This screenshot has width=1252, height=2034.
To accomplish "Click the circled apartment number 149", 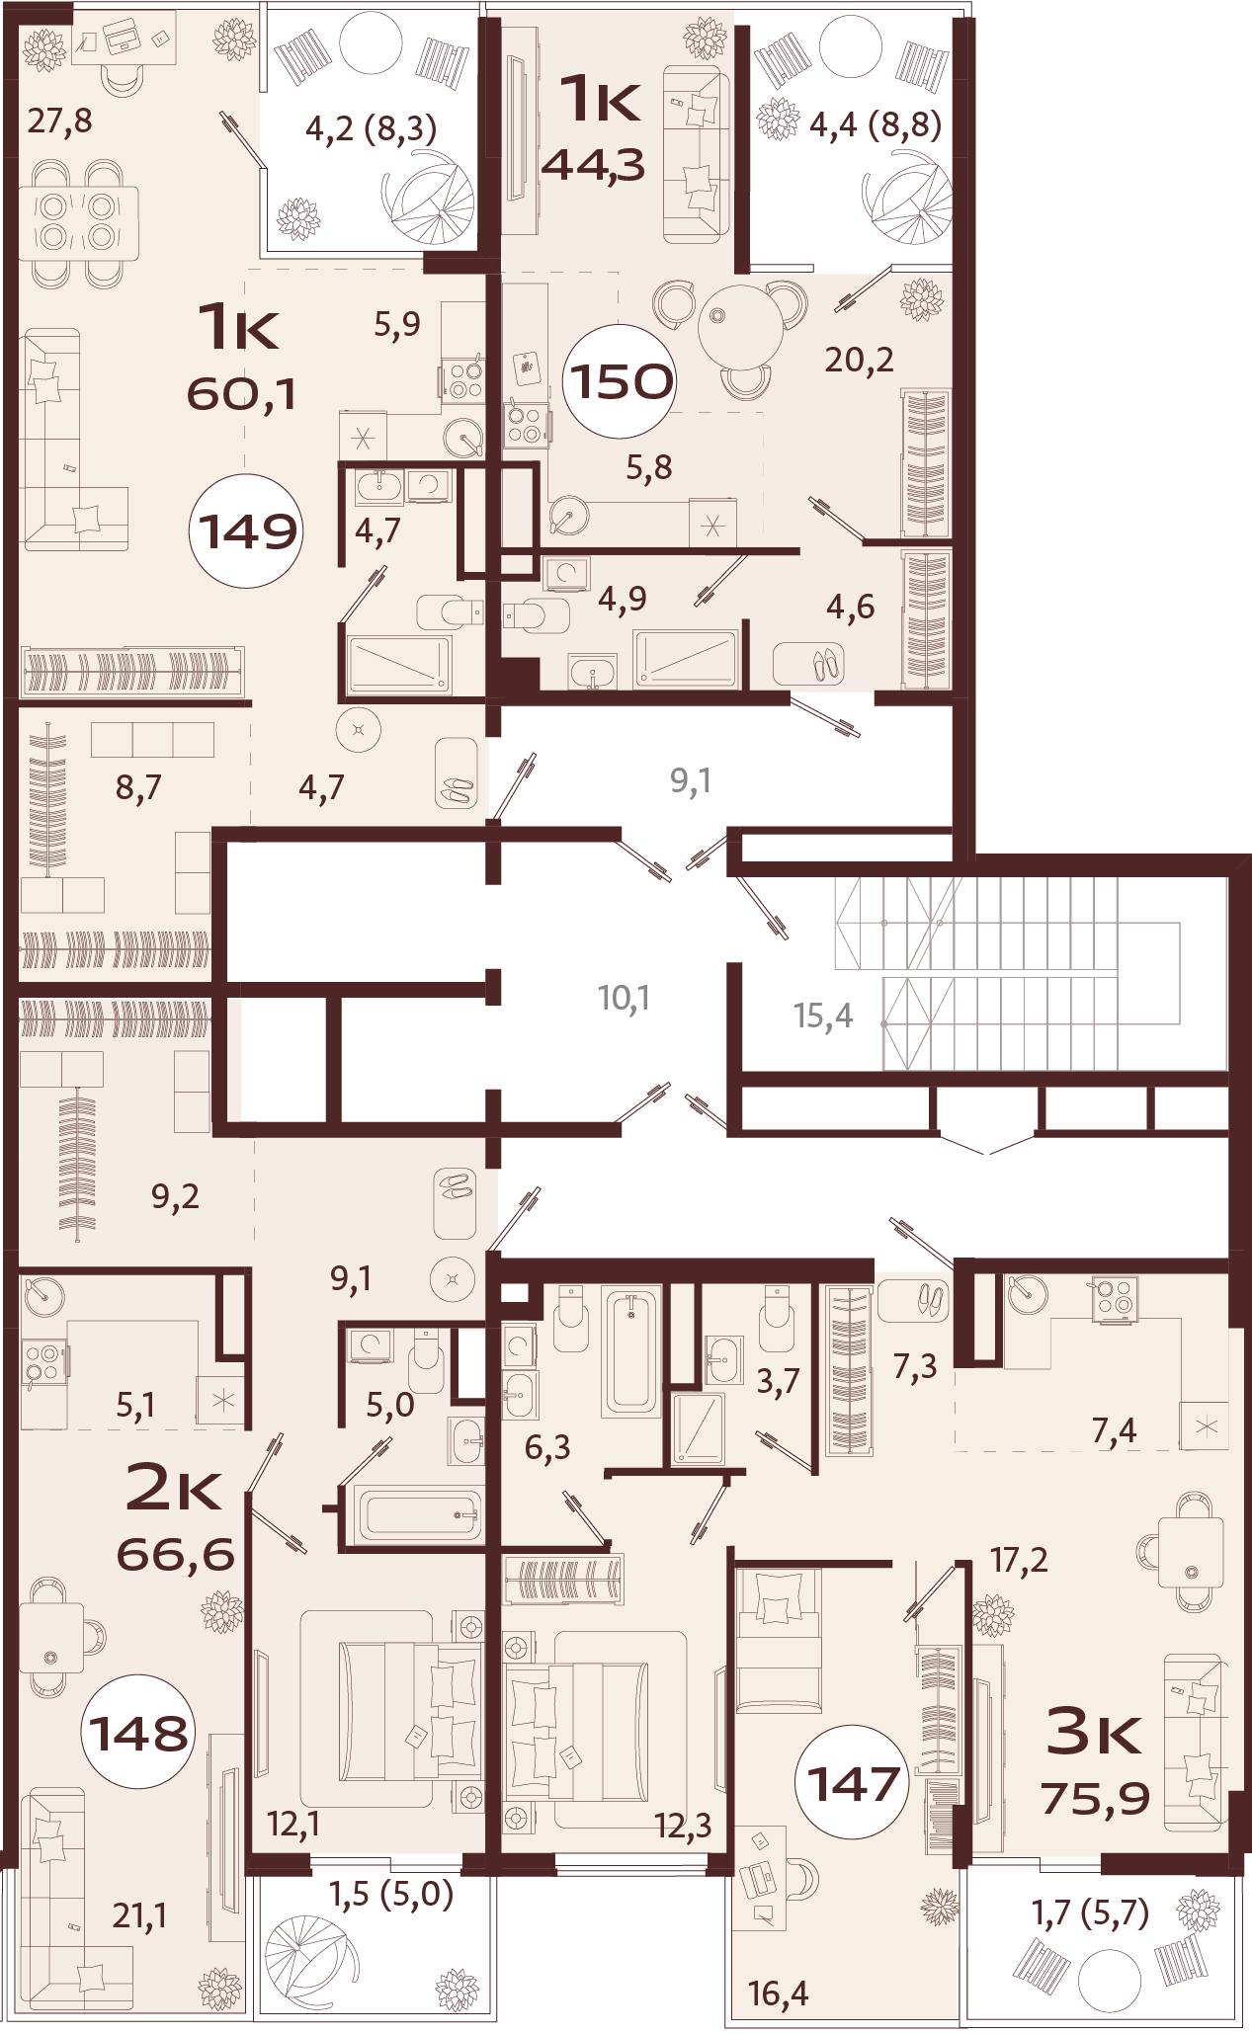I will point(246,532).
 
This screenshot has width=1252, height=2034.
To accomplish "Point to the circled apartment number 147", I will point(853,1784).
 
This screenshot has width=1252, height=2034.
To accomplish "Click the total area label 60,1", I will point(241,395).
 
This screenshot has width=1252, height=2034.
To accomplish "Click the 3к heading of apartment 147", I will point(1094,1732).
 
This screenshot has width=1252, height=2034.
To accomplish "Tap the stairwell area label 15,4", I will point(823,1016).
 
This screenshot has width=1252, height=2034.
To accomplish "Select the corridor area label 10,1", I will point(624,998).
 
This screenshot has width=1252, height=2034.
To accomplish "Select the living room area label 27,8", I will point(59,122).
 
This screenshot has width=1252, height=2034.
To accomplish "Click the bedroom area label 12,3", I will point(683,1826).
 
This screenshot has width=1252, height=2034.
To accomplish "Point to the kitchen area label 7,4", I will point(1114,1429).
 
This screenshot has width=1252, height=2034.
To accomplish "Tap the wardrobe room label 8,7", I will point(138,787).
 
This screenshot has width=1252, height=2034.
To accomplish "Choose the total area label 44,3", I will point(594,165).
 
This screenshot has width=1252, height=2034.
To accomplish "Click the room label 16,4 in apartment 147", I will point(778,1993).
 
